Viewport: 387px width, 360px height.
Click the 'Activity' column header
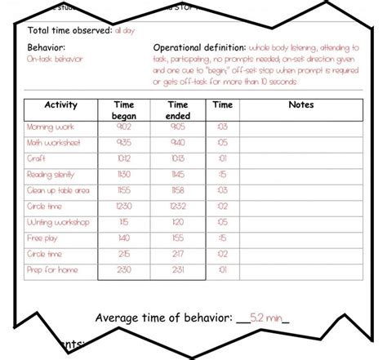coord(60,105)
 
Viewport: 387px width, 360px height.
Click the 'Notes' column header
coord(301,105)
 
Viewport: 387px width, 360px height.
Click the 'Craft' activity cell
coord(37,158)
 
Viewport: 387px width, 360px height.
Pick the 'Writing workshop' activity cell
coord(58,222)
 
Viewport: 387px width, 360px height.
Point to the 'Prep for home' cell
coord(51,269)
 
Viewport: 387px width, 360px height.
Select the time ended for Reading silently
coord(177,174)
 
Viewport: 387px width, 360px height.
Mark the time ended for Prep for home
coord(177,269)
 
